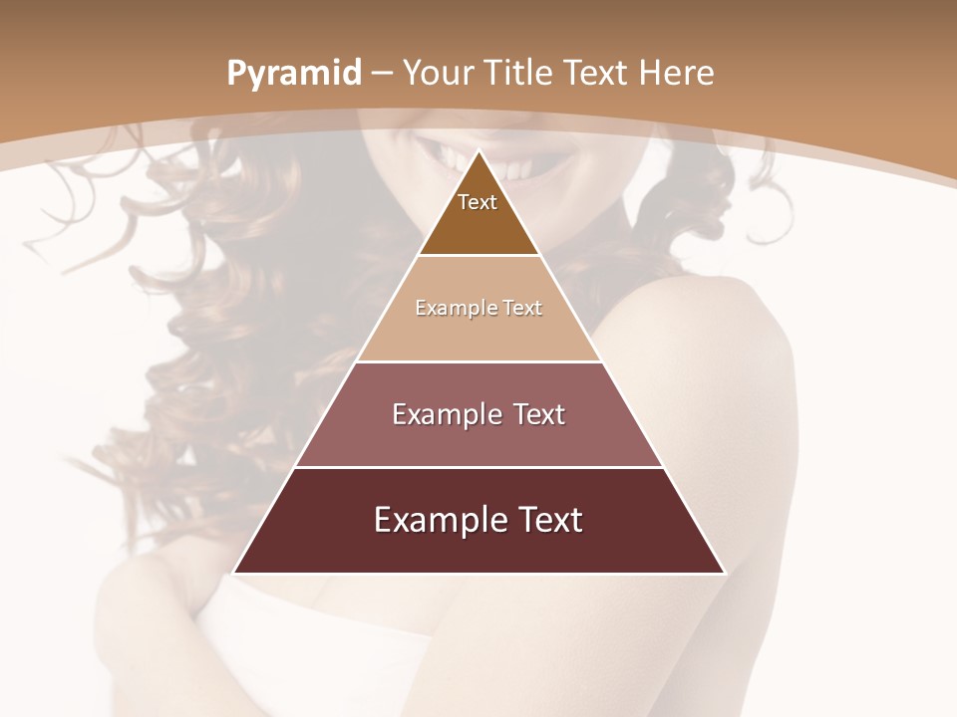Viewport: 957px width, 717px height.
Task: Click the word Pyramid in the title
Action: (x=293, y=74)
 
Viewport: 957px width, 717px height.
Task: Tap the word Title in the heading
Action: (x=519, y=74)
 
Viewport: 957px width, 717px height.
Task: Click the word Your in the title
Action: (x=438, y=74)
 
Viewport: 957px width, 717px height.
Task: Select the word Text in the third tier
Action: (x=538, y=414)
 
